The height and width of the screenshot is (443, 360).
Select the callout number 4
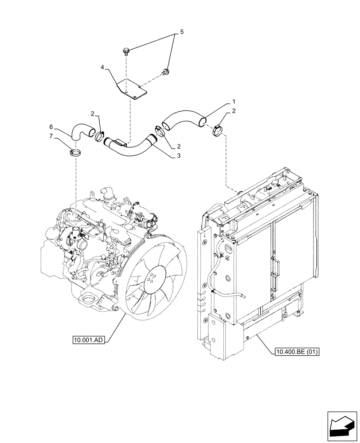click(102, 67)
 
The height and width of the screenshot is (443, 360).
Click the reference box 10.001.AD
click(89, 340)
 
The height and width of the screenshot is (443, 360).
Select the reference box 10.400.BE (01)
click(297, 352)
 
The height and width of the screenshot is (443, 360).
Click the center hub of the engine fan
click(151, 279)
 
